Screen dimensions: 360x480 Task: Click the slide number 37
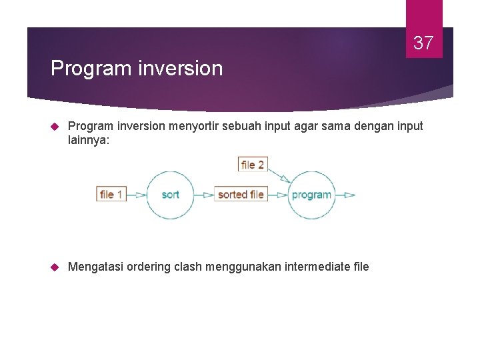[423, 43]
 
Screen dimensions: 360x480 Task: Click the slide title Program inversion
[137, 68]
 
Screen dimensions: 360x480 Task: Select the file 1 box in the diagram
[111, 195]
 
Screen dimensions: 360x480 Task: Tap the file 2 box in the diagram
[253, 164]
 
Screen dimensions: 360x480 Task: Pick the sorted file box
[241, 195]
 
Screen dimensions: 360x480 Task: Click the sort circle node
[170, 195]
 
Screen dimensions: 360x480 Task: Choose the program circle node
[311, 195]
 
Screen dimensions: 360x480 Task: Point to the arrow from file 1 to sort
[137, 195]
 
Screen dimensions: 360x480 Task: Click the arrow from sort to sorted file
[204, 195]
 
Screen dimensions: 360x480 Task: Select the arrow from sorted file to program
[277, 195]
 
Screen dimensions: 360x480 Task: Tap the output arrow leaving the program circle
[345, 195]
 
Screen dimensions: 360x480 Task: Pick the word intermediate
[317, 267]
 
